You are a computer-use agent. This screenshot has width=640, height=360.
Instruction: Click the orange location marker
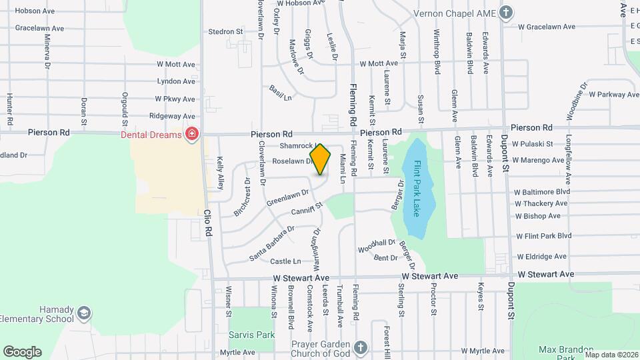321,160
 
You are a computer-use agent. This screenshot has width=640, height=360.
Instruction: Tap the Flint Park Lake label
417,189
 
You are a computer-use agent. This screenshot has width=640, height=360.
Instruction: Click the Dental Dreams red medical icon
192,135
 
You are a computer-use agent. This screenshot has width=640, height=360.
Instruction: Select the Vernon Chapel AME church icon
506,12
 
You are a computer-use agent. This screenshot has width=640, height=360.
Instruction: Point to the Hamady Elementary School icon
84,312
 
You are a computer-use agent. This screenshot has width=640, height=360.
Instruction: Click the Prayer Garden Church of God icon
360,347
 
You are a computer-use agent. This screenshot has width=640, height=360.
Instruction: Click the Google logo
22,351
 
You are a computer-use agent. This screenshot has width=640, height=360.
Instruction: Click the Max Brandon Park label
566,349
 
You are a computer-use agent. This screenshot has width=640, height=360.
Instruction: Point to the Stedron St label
225,31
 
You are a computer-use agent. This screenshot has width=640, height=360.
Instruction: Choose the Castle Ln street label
287,261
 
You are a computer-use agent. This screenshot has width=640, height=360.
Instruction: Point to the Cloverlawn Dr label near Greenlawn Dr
262,173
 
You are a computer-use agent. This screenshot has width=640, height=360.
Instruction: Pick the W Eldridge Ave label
541,256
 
